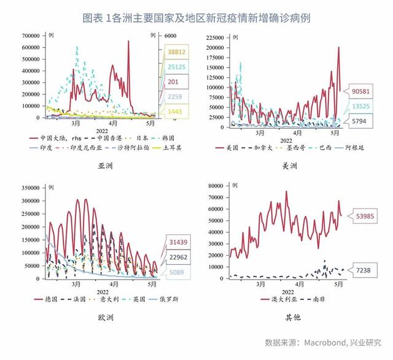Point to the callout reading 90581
360,93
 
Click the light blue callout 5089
177,272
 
